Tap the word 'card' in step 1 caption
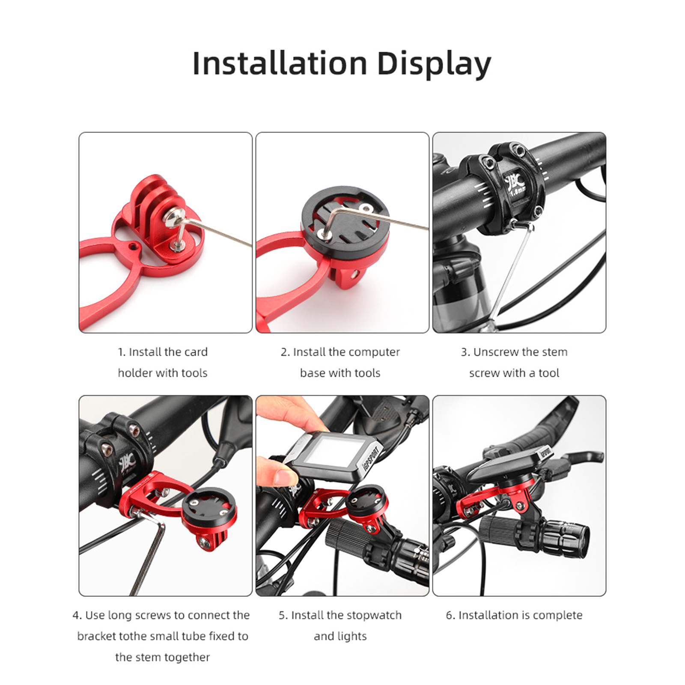(196, 352)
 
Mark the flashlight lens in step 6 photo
(581, 540)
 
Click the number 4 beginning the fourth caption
(76, 616)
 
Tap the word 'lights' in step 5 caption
(351, 637)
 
